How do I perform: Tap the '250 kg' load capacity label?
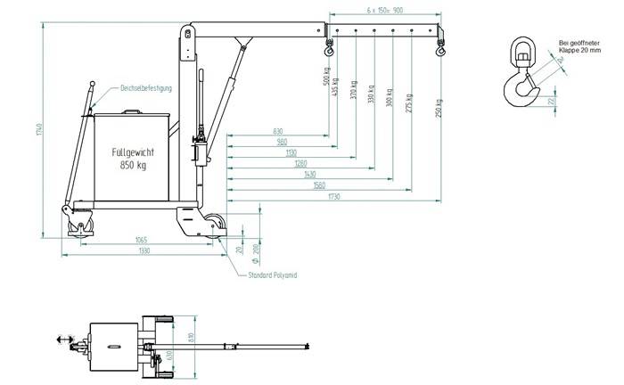[x=439, y=106]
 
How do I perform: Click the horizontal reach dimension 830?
[x=279, y=132]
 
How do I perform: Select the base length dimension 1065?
[x=142, y=240]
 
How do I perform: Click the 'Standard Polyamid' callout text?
[x=272, y=276]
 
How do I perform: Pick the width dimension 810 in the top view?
[x=202, y=337]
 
